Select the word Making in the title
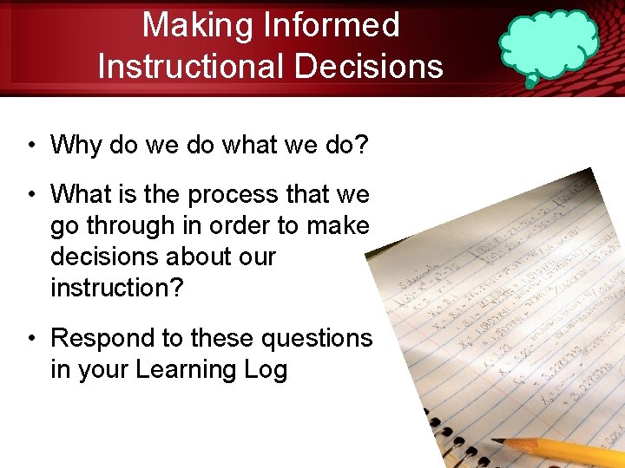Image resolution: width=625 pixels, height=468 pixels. click(197, 25)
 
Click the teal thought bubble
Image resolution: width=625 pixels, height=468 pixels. click(549, 47)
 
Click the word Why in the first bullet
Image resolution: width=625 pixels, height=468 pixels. click(76, 145)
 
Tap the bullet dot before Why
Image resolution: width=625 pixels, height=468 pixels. click(30, 145)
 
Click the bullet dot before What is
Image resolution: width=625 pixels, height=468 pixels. click(30, 195)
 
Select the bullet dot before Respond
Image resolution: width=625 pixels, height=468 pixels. click(30, 339)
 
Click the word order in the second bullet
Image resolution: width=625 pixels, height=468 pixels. click(242, 226)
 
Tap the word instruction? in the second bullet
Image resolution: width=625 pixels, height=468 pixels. click(117, 288)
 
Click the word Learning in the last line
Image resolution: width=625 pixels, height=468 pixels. click(183, 370)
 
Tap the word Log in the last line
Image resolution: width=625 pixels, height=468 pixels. click(266, 370)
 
